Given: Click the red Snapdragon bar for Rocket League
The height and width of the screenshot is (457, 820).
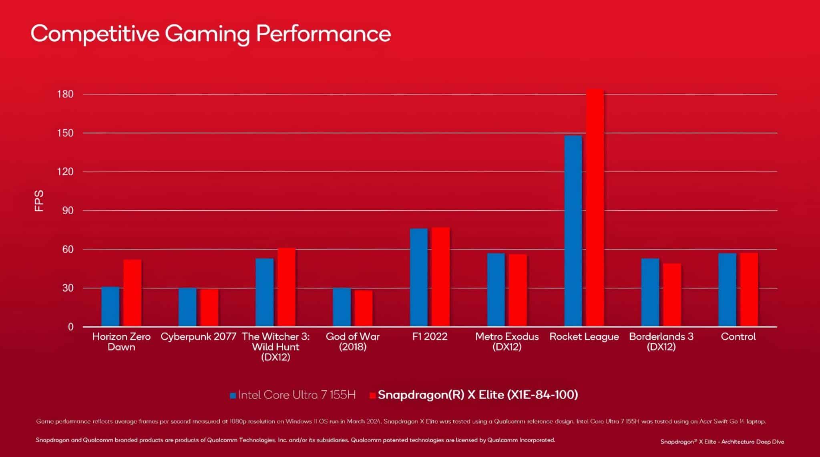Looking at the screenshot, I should (x=595, y=208).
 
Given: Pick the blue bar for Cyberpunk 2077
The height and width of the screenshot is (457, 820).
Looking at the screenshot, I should (x=187, y=307).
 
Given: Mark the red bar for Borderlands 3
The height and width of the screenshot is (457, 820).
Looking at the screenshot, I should (x=672, y=295).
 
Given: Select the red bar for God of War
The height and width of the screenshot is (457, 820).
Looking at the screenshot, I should (x=364, y=308).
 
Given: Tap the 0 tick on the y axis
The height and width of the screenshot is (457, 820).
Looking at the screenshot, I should (x=70, y=327).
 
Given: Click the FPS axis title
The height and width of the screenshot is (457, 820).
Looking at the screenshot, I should (x=39, y=201).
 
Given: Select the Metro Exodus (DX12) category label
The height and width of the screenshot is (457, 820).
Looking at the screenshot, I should (x=507, y=342).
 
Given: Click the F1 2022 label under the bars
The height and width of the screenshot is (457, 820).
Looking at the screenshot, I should (x=430, y=337).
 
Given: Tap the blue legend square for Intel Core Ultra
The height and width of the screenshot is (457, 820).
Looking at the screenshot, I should (x=233, y=396).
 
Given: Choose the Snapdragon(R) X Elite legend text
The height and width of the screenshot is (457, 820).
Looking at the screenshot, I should (x=478, y=395).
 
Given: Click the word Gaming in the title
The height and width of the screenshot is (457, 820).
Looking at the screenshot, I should (x=207, y=34).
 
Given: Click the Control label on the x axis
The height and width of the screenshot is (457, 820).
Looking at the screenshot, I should (x=738, y=337).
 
